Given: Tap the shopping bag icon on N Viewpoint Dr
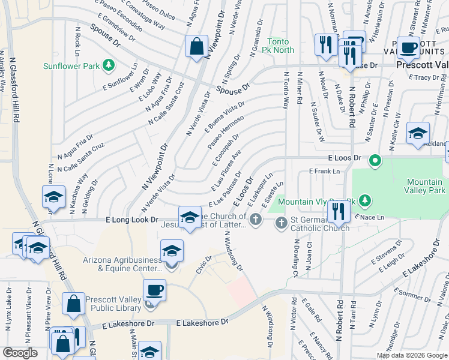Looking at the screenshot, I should pyautogui.click(x=196, y=46).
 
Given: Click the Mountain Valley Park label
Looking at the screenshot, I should pyautogui.click(x=426, y=186).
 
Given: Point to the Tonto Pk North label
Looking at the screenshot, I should pyautogui.click(x=280, y=46).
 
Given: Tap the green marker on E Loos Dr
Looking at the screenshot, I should pyautogui.click(x=375, y=160).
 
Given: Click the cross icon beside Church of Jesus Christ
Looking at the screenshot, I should pyautogui.click(x=256, y=220).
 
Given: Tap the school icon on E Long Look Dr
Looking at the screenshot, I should pyautogui.click(x=190, y=218).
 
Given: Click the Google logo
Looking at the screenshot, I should pyautogui.click(x=20, y=353).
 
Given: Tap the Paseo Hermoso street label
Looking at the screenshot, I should pyautogui.click(x=226, y=133).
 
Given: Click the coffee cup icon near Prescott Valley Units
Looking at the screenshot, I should pyautogui.click(x=408, y=47).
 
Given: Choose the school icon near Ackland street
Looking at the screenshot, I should pyautogui.click(x=418, y=134).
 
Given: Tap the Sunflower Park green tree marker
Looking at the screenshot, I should pyautogui.click(x=109, y=64).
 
